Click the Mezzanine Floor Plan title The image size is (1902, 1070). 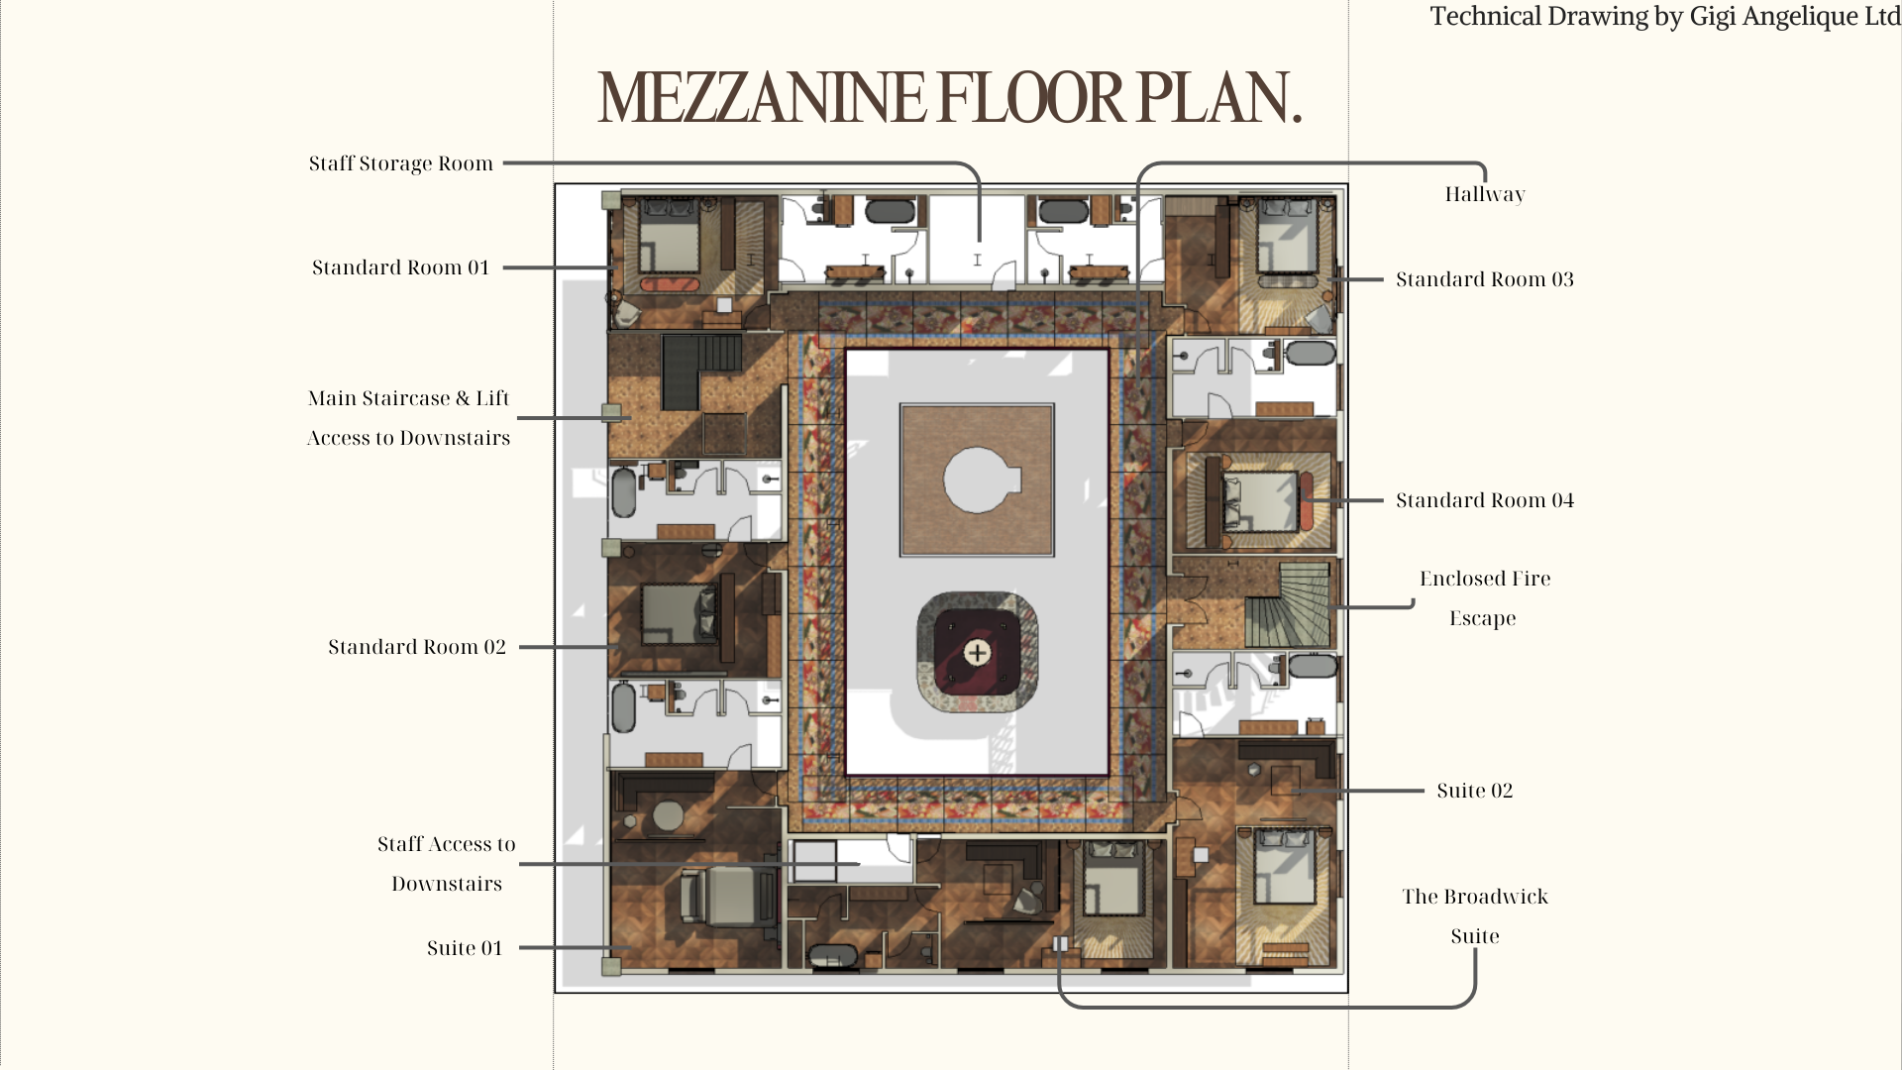[x=949, y=97]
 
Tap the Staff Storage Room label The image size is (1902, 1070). [x=400, y=163]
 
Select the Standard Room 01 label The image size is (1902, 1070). [x=400, y=267]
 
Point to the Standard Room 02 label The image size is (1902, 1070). [x=417, y=647]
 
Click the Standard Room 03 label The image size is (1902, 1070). [x=1485, y=279]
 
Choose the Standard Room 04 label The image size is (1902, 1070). [x=1485, y=500]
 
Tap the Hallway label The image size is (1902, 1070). [x=1485, y=194]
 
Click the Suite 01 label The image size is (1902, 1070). [x=465, y=948]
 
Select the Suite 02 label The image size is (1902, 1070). [x=1475, y=791]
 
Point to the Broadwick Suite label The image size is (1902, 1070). [x=1475, y=916]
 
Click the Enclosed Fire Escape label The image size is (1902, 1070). [x=1485, y=598]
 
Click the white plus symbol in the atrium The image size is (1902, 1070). [x=977, y=652]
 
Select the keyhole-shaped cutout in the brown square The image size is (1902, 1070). [x=981, y=481]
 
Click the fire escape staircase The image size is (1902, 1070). [x=1288, y=604]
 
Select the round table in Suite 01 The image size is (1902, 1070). [x=667, y=816]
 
